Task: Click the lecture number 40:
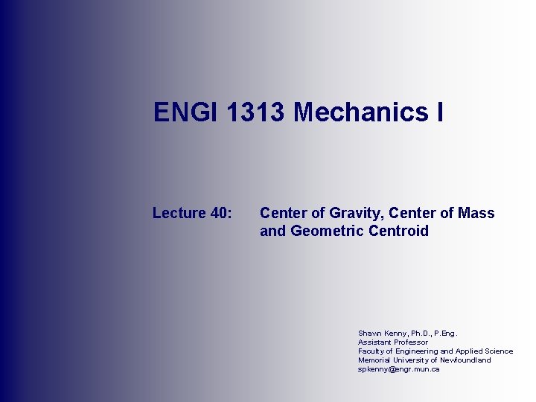point(222,214)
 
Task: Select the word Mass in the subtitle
point(476,214)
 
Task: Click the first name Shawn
point(370,334)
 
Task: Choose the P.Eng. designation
point(447,334)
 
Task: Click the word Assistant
point(374,342)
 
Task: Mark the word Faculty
point(371,351)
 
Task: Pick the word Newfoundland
point(465,360)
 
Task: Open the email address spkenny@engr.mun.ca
point(398,369)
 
